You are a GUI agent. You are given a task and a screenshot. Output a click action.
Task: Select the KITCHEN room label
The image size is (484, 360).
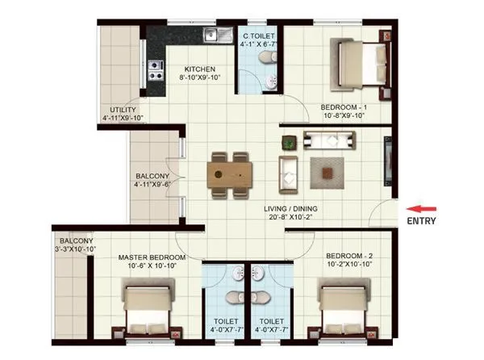198,69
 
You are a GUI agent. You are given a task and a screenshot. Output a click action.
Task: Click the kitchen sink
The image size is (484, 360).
215,35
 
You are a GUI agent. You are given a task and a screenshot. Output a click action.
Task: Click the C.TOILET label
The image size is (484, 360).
260,36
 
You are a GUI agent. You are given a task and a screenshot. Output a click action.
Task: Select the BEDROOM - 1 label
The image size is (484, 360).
344,107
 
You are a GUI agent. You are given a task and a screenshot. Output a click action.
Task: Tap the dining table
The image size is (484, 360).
229,174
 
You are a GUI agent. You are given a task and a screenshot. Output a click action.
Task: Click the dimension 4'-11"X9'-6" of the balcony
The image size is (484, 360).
152,185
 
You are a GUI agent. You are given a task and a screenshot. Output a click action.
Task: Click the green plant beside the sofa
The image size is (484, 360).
288,142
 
